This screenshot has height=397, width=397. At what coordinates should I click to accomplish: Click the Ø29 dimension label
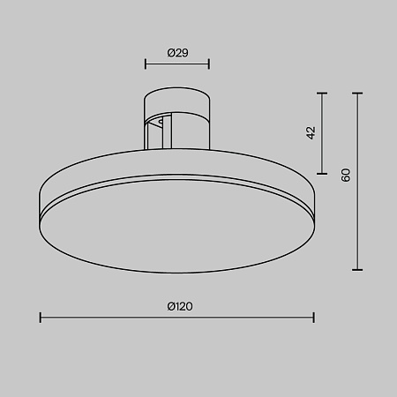[x=177, y=53]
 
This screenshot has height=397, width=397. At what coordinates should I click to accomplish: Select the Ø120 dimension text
[x=179, y=306]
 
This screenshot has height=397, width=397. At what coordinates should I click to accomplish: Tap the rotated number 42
[x=311, y=132]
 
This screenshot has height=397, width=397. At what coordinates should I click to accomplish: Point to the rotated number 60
[x=347, y=175]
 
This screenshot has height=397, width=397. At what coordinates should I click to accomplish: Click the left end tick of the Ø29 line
[x=146, y=64]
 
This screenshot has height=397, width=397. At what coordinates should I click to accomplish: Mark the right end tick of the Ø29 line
[x=209, y=64]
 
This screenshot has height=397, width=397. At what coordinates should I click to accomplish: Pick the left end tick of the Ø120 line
[x=41, y=317]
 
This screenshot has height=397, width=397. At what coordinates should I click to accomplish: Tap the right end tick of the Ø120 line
[x=314, y=317]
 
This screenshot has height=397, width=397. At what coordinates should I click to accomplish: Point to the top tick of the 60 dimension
[x=357, y=91]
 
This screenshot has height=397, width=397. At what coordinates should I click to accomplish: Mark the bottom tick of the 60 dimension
[x=357, y=270]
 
